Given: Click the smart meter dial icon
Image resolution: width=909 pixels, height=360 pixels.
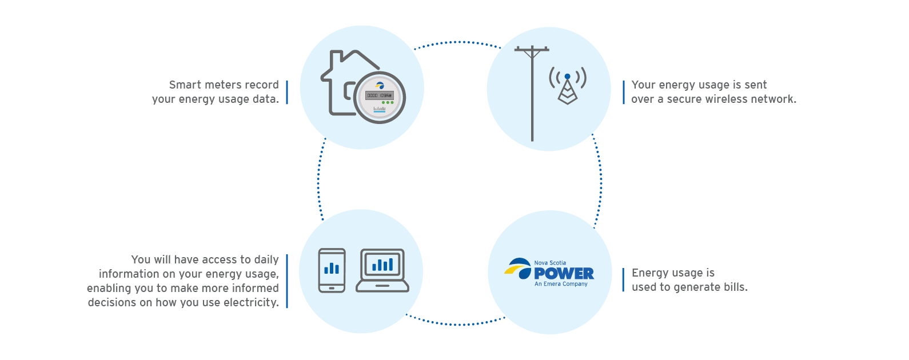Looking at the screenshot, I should point(380,98).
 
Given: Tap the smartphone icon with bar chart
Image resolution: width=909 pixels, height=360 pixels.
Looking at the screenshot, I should point(332,270).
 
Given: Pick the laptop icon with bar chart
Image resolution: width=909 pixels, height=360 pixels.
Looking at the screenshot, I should point(382,270).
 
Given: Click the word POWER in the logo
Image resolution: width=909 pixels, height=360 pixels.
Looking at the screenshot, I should point(564,274).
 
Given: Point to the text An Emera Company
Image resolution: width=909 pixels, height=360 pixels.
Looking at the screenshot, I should point(561,284).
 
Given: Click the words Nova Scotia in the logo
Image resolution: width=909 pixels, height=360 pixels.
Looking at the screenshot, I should point(550,263).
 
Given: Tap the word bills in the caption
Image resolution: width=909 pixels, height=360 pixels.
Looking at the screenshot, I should point(735,287).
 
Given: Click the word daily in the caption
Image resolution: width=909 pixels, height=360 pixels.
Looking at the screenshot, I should point(266,260).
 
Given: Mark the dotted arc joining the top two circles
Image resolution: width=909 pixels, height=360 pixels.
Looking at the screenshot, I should point(457,42).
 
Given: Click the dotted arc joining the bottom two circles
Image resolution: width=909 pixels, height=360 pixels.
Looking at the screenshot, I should point(456,324).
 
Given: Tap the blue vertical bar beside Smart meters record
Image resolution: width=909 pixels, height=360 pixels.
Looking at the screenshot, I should point(287,93).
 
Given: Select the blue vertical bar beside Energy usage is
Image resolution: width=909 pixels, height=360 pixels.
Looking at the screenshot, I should point(623,280).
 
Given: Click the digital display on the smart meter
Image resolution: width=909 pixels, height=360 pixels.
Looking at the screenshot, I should point(380,95).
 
